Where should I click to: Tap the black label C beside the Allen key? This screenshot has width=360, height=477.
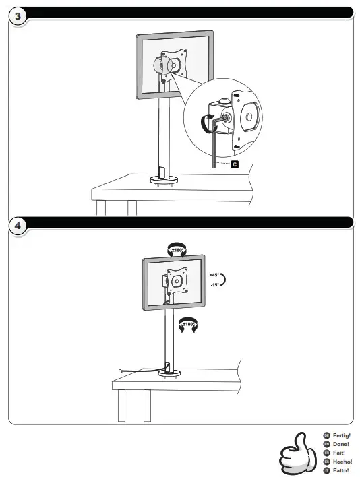[x=234, y=164]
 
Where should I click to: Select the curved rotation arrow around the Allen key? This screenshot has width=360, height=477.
[x=206, y=123]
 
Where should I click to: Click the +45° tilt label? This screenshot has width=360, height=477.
[x=214, y=275]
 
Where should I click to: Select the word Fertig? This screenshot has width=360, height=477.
[x=342, y=436]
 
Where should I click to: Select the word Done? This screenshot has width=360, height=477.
[x=341, y=444]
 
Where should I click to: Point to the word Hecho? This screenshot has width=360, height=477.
[x=342, y=462]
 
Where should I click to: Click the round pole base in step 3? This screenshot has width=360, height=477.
[x=162, y=179]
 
